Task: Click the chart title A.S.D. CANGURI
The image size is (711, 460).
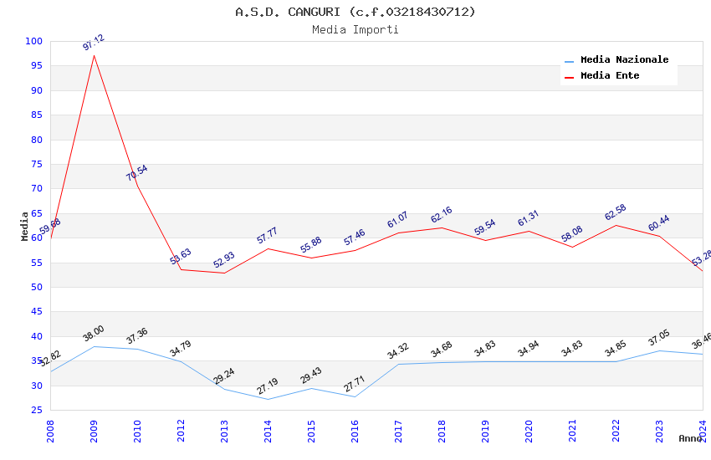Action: tap(355, 12)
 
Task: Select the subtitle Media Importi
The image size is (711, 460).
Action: tap(355, 29)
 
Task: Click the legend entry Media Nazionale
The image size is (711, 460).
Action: tap(624, 59)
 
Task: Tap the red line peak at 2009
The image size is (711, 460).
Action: tap(94, 55)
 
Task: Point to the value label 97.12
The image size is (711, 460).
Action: tap(94, 43)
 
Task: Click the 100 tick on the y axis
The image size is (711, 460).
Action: tap(34, 41)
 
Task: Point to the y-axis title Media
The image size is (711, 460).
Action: tap(25, 226)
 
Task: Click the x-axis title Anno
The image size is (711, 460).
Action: tap(690, 438)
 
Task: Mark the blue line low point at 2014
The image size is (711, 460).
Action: tap(268, 399)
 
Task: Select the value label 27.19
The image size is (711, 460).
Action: tap(268, 386)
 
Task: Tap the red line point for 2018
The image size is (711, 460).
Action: tap(442, 227)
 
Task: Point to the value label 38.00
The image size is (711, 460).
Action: tap(94, 334)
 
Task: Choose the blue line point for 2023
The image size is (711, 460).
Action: tap(659, 350)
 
